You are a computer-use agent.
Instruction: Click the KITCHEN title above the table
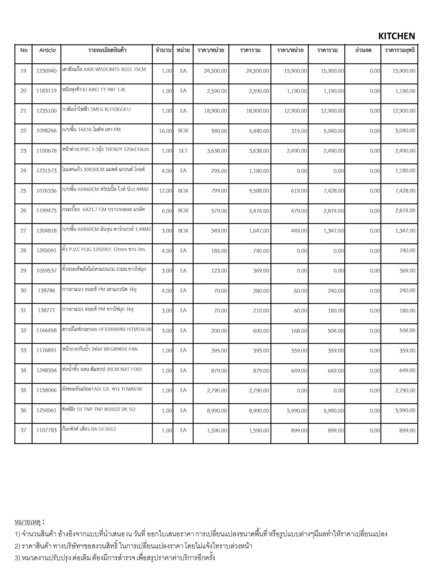pos(396,36)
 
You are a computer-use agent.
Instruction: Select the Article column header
pos(47,50)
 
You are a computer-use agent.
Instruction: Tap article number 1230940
pos(46,71)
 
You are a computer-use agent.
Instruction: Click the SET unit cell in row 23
pos(183,151)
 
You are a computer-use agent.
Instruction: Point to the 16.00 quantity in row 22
pos(165,131)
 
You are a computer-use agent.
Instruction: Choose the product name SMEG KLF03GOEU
pos(96,109)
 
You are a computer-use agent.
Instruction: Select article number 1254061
pos(46,410)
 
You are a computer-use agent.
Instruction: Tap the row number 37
pos(23,430)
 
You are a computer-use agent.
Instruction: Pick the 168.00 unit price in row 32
pos(299,331)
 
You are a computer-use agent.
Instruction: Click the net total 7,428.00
pos(405,191)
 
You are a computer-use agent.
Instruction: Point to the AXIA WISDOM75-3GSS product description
pos(104,69)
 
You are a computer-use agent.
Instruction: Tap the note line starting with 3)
pos(115,558)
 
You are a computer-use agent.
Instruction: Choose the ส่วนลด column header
pos(363,50)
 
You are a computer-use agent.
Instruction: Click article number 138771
pos(46,310)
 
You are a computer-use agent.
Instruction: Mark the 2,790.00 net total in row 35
pos(405,391)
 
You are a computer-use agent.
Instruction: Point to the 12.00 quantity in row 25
pos(165,191)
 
